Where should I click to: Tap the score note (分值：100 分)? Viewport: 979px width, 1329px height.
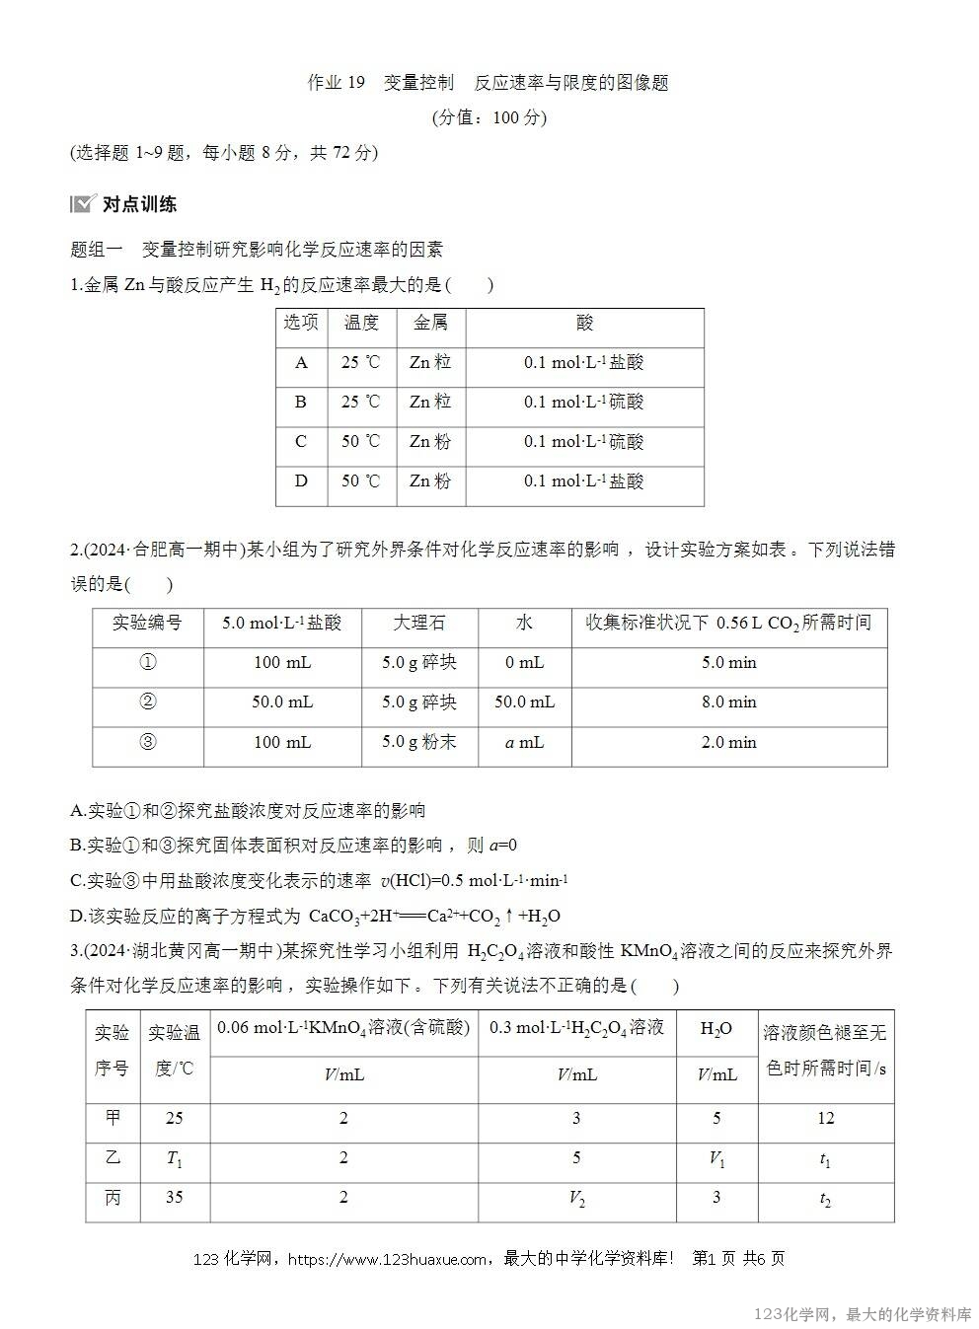(x=489, y=117)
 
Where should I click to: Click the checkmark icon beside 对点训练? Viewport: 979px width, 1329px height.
(x=83, y=204)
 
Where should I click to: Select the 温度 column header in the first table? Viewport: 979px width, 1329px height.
(x=361, y=323)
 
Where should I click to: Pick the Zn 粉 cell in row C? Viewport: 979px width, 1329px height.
(x=430, y=441)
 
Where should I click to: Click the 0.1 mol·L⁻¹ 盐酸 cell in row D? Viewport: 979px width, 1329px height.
(x=584, y=481)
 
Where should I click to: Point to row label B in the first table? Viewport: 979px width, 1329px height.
(x=301, y=402)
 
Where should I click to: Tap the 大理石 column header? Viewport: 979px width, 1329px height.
(x=419, y=623)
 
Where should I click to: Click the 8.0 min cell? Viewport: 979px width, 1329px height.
(x=728, y=702)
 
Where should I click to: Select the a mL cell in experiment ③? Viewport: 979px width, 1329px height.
(x=524, y=742)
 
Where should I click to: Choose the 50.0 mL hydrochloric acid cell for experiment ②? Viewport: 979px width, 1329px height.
(x=282, y=702)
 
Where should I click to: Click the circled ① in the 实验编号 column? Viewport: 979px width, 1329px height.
(x=148, y=663)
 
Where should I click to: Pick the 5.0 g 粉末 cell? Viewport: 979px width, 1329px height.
(x=419, y=742)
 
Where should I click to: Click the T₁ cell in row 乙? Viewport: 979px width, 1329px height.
(x=175, y=1158)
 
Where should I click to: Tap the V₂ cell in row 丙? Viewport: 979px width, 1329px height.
(x=576, y=1198)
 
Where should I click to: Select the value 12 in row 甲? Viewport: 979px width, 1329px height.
(x=825, y=1118)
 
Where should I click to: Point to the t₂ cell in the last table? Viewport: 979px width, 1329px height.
(x=825, y=1199)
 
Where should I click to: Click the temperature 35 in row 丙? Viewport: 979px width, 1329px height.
(x=175, y=1198)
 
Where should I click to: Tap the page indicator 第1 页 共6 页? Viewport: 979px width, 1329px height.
(x=739, y=1259)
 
